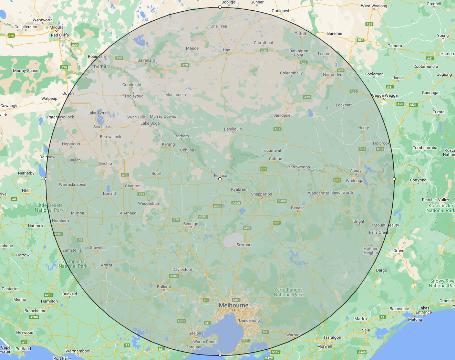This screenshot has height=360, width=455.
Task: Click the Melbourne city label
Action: pyautogui.click(x=234, y=305)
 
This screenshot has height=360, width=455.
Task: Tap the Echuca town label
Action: pyautogui.click(x=220, y=176)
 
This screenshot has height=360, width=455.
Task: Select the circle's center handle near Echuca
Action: pyautogui.click(x=220, y=179)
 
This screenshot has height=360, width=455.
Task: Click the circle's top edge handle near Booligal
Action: pyautogui.click(x=220, y=7)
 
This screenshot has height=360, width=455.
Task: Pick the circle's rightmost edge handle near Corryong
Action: pyautogui.click(x=394, y=179)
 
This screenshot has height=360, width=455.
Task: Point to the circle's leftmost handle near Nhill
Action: pyautogui.click(x=46, y=179)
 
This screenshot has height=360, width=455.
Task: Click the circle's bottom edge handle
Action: pyautogui.click(x=220, y=355)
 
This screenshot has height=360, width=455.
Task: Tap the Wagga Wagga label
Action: pyautogui.click(x=384, y=95)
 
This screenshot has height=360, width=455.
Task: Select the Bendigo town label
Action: pyautogui.click(x=190, y=224)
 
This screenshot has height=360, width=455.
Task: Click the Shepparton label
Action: pyautogui.click(x=261, y=194)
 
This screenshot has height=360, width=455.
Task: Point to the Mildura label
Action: pyautogui.click(x=56, y=27)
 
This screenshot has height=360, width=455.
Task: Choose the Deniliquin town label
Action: pyautogui.click(x=233, y=129)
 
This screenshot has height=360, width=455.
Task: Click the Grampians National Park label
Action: pyautogui.click(x=73, y=264)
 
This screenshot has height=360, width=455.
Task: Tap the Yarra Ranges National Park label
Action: pyautogui.click(x=288, y=292)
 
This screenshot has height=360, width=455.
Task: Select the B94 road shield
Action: pyautogui.click(x=360, y=40)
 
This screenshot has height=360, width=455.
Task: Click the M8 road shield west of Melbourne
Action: pyautogui.click(x=206, y=300)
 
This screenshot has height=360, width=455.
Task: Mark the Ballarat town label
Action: pyautogui.click(x=164, y=287)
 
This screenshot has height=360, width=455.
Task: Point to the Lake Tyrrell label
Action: pyautogui.click(x=98, y=113)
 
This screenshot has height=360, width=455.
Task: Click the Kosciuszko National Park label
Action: pyautogui.click(x=441, y=208)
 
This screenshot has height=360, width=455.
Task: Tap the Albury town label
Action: pyautogui.click(x=356, y=170)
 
